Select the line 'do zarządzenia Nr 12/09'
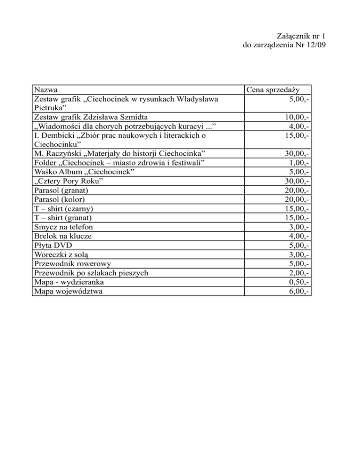pos(282,45)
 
